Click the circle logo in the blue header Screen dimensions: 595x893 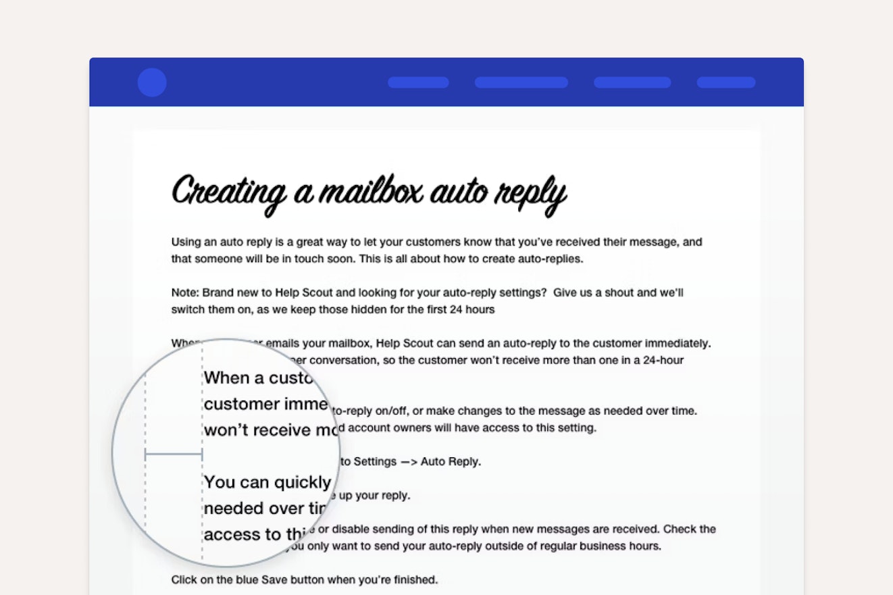(152, 82)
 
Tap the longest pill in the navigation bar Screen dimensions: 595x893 (521, 82)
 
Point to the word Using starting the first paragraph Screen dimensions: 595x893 (186, 242)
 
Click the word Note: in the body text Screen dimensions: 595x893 (185, 293)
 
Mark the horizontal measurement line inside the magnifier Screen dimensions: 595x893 (174, 455)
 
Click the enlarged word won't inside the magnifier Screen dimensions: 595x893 (230, 430)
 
